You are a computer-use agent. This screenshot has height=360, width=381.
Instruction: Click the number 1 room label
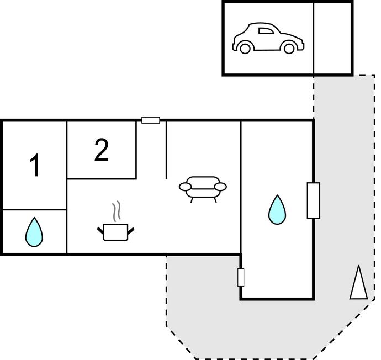click(x=35, y=166)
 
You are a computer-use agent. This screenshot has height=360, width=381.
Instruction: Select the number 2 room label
click(x=101, y=150)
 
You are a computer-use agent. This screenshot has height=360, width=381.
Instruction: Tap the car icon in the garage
click(x=268, y=39)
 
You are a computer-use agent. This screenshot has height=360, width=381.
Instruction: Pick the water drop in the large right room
click(x=277, y=210)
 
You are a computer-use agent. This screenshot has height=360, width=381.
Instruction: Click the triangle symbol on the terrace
click(x=358, y=283)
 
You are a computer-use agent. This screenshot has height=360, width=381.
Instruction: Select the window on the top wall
click(x=150, y=120)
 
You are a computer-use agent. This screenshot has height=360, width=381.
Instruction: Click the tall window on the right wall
click(x=313, y=200)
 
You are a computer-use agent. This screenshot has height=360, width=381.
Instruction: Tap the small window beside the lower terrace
click(x=241, y=277)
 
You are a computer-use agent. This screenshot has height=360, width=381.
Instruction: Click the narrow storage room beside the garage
click(x=332, y=38)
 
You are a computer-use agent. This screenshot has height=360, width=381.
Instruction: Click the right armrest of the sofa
click(x=220, y=187)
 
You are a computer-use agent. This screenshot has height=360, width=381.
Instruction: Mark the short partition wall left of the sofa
click(x=166, y=149)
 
